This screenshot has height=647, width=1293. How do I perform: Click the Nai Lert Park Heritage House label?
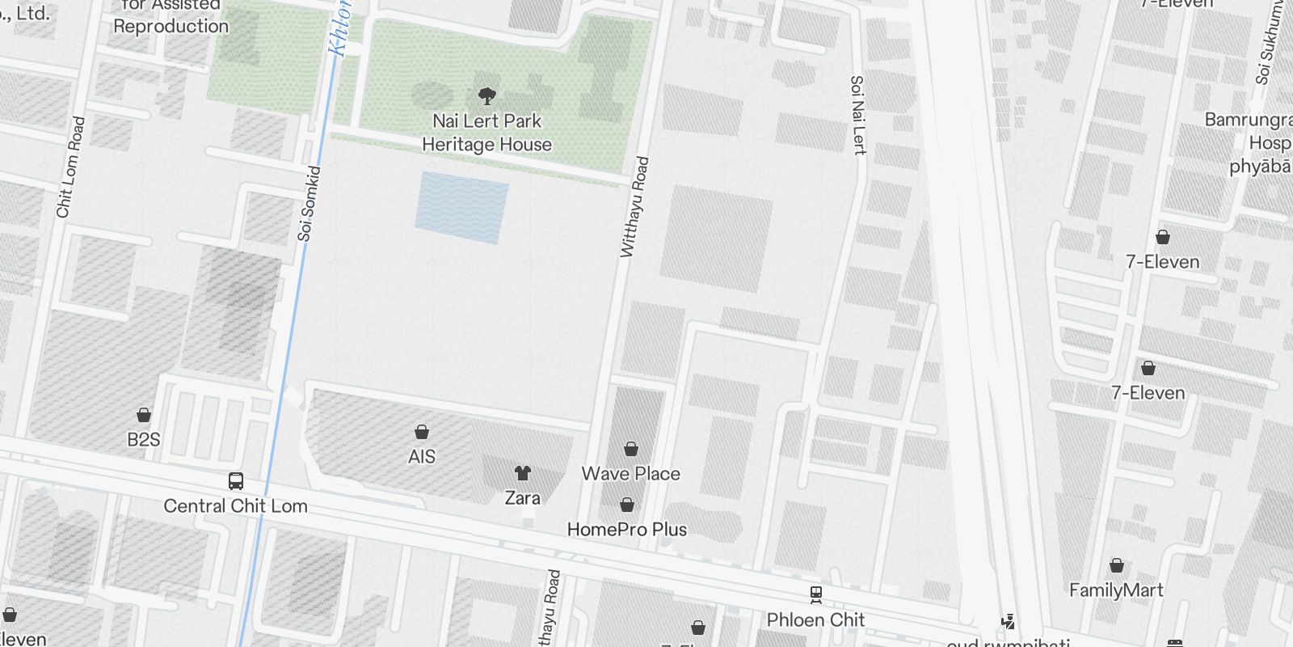point(486,133)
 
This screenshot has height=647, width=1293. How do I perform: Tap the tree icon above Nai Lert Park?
point(486,97)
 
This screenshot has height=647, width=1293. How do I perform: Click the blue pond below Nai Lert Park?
point(461,207)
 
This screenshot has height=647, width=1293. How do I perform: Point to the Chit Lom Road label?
point(70,167)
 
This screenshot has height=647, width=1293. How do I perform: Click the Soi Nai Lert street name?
point(858,115)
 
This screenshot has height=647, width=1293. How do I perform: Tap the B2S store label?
point(144,440)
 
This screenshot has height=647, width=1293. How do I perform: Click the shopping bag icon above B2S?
point(144,415)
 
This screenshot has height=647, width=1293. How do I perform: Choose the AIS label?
point(422,457)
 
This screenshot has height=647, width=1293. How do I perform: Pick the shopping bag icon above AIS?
point(422,432)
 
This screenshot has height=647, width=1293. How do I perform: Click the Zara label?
point(522,498)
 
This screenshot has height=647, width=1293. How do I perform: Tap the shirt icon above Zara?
point(523,472)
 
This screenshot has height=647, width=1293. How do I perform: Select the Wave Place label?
point(631,474)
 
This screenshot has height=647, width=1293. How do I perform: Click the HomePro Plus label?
point(627,530)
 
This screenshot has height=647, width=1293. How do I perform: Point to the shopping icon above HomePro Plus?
point(627,505)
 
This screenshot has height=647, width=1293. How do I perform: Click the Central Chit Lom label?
point(235,506)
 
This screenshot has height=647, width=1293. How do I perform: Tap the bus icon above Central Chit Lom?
point(236,481)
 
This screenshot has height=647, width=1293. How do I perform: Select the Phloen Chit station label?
point(815,620)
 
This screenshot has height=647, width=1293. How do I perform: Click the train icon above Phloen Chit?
point(816,595)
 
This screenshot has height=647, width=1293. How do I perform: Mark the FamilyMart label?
point(1116,590)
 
